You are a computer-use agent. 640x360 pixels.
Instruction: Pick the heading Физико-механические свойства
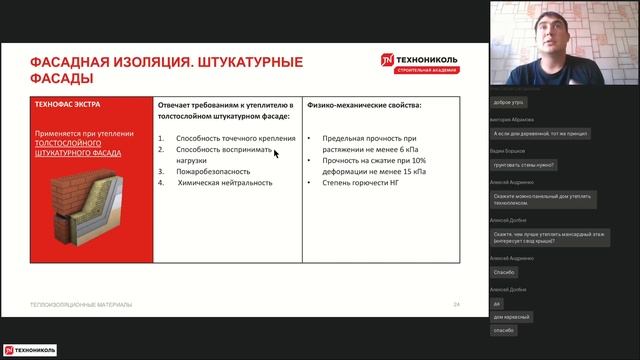365,105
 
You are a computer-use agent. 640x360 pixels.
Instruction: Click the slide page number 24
457,304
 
